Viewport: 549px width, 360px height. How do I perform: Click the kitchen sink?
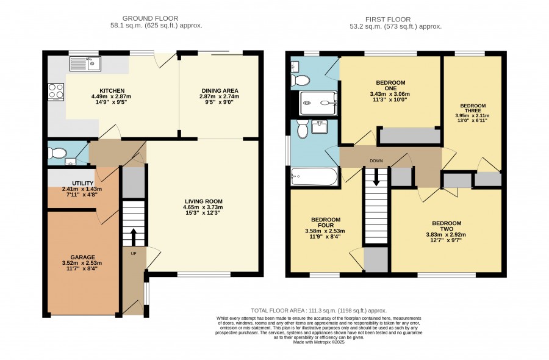point(85,63)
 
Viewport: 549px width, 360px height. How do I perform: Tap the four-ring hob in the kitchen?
point(56,92)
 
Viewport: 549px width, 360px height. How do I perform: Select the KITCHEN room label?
point(112,91)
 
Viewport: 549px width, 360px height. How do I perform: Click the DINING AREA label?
point(220,91)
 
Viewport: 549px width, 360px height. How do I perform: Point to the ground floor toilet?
point(57,153)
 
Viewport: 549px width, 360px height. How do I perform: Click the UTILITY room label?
point(82,183)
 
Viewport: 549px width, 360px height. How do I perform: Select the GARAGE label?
point(82,257)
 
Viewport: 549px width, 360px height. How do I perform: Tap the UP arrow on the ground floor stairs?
point(134,237)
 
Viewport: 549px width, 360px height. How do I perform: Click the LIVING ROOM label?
point(204,201)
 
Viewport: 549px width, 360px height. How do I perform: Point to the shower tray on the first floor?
point(318,103)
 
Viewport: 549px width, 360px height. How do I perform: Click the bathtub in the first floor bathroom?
point(314,176)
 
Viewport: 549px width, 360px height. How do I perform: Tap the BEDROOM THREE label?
point(473,108)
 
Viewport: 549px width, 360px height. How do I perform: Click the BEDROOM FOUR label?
point(326,222)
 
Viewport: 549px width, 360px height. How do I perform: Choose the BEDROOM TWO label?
point(447,226)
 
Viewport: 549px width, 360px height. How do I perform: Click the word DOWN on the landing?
point(376,161)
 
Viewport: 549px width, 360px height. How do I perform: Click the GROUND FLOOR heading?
point(150,18)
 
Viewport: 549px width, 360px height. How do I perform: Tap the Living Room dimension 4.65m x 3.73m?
point(203,207)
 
